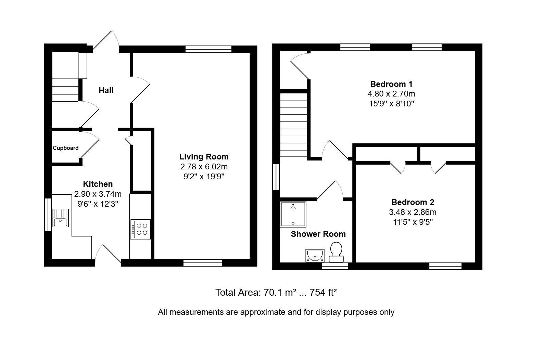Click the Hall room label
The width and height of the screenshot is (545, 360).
click(x=106, y=90)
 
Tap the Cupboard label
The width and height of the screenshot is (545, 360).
click(x=66, y=148)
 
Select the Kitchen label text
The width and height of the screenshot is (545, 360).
click(x=98, y=184)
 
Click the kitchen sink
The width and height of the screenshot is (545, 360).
click(x=61, y=218)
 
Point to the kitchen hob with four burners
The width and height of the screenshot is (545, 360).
click(x=141, y=229)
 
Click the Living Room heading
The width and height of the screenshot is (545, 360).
click(x=204, y=157)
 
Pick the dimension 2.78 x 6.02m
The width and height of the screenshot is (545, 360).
click(x=204, y=167)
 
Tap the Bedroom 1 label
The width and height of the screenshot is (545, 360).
click(x=391, y=84)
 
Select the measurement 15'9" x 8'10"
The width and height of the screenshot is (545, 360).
click(x=392, y=104)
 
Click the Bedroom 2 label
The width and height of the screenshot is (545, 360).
click(x=413, y=202)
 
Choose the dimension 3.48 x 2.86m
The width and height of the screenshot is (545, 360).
click(x=413, y=212)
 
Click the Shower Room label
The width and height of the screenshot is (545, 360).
click(x=318, y=234)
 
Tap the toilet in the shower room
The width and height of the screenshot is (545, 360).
click(x=336, y=252)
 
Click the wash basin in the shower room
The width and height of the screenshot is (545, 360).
click(x=315, y=255)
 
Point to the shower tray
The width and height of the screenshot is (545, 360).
click(x=293, y=214)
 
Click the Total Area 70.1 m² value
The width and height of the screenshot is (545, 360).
click(x=280, y=292)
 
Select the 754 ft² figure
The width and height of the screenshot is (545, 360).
click(x=323, y=292)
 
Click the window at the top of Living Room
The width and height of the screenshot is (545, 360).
click(x=208, y=49)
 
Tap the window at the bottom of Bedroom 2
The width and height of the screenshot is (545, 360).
click(x=445, y=266)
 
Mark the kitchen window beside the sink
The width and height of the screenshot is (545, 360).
click(x=48, y=215)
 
